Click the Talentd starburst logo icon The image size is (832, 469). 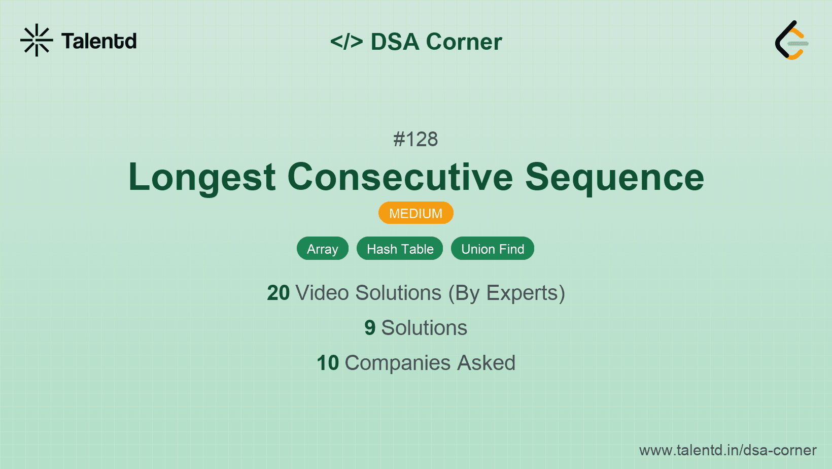pyautogui.click(x=37, y=40)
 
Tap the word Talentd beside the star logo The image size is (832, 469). pyautogui.click(x=99, y=41)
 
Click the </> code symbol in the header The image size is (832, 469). pyautogui.click(x=346, y=42)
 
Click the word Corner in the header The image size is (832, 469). pyautogui.click(x=464, y=42)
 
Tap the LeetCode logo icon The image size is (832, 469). pyautogui.click(x=791, y=40)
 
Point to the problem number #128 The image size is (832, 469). pyautogui.click(x=415, y=139)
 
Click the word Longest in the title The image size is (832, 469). pyautogui.click(x=202, y=177)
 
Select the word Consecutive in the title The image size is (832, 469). pyautogui.click(x=400, y=177)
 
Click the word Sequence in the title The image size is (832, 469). pyautogui.click(x=614, y=177)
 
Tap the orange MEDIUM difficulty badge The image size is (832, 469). pyautogui.click(x=415, y=213)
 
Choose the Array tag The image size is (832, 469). pyautogui.click(x=322, y=249)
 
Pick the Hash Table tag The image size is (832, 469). pyautogui.click(x=400, y=249)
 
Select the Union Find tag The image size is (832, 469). pyautogui.click(x=492, y=249)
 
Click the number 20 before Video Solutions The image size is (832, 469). pyautogui.click(x=278, y=293)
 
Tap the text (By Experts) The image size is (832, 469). pyautogui.click(x=506, y=293)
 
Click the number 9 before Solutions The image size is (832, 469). pyautogui.click(x=370, y=328)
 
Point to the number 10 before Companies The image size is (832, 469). pyautogui.click(x=327, y=363)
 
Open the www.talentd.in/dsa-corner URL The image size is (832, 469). pyautogui.click(x=727, y=450)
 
